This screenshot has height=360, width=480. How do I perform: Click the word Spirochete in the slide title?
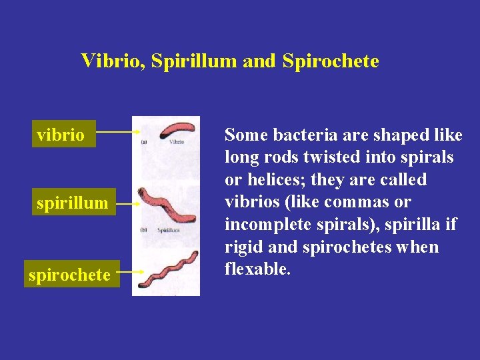[331, 61]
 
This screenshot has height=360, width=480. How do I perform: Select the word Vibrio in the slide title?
[111, 61]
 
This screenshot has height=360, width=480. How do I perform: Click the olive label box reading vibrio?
[61, 135]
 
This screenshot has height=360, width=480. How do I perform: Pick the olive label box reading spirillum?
[72, 203]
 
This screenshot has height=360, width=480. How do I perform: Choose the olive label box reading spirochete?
[69, 274]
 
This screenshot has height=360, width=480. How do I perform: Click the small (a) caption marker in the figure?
[145, 141]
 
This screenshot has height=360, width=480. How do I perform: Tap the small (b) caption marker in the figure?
[144, 229]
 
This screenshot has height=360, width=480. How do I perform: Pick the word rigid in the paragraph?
[241, 247]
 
